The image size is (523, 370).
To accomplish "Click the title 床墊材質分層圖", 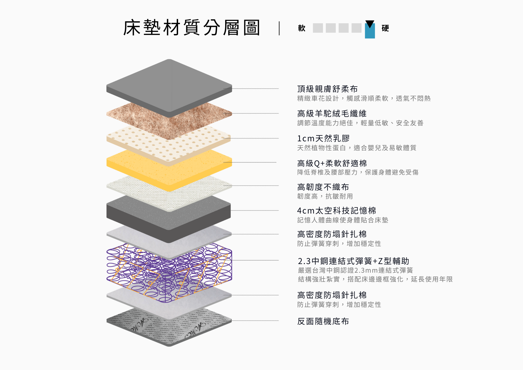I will click(x=191, y=28).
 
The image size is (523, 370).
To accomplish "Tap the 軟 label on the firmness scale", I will click(x=302, y=28).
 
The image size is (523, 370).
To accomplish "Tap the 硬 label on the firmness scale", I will click(x=385, y=28).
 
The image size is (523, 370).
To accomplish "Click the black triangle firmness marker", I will click(x=370, y=24).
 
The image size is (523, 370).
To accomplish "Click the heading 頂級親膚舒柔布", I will click(x=327, y=89).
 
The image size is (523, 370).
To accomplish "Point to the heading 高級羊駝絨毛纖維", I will click(x=332, y=114).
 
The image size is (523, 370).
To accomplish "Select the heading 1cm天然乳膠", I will click(x=323, y=138).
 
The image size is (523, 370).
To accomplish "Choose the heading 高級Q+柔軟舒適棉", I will click(x=332, y=163).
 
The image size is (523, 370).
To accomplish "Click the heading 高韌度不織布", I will click(x=323, y=187).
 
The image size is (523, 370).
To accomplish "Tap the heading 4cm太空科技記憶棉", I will click(x=337, y=211).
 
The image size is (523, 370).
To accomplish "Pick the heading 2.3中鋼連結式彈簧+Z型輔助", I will click(x=354, y=261).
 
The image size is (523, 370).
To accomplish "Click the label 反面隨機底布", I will click(x=323, y=321).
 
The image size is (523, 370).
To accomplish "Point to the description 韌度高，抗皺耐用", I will click(x=325, y=196).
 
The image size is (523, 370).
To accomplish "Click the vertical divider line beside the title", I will click(x=279, y=28).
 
